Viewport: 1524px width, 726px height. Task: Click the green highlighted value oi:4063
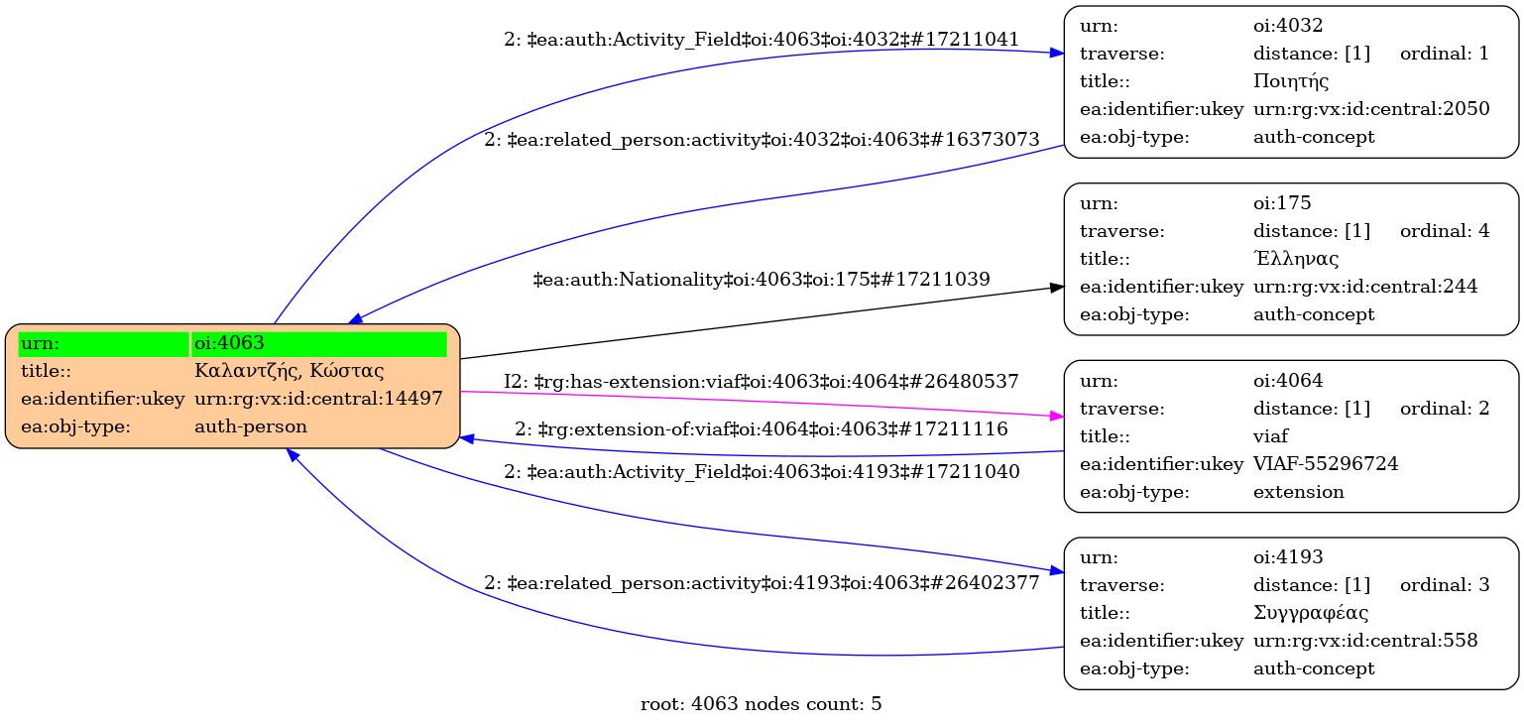tap(229, 343)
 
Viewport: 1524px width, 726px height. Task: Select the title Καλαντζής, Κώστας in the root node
tap(290, 371)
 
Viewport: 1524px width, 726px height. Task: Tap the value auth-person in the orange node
tap(251, 426)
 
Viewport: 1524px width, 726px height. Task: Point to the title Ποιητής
tap(1291, 81)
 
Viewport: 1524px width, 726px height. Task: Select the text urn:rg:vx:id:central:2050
tap(1371, 109)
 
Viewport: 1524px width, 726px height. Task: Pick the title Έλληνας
tap(1296, 259)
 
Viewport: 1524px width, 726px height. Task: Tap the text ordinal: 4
tap(1444, 231)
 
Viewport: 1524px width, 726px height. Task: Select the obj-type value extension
tap(1299, 492)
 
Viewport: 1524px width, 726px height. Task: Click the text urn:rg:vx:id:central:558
tap(1365, 641)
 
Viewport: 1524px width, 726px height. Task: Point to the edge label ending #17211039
tap(762, 280)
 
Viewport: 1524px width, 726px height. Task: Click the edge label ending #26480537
tap(762, 381)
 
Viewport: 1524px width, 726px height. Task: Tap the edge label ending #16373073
tap(762, 140)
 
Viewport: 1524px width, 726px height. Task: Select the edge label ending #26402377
tap(762, 583)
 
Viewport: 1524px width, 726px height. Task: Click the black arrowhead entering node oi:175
tap(1057, 288)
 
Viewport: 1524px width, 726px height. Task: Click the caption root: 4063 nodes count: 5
tap(762, 705)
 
